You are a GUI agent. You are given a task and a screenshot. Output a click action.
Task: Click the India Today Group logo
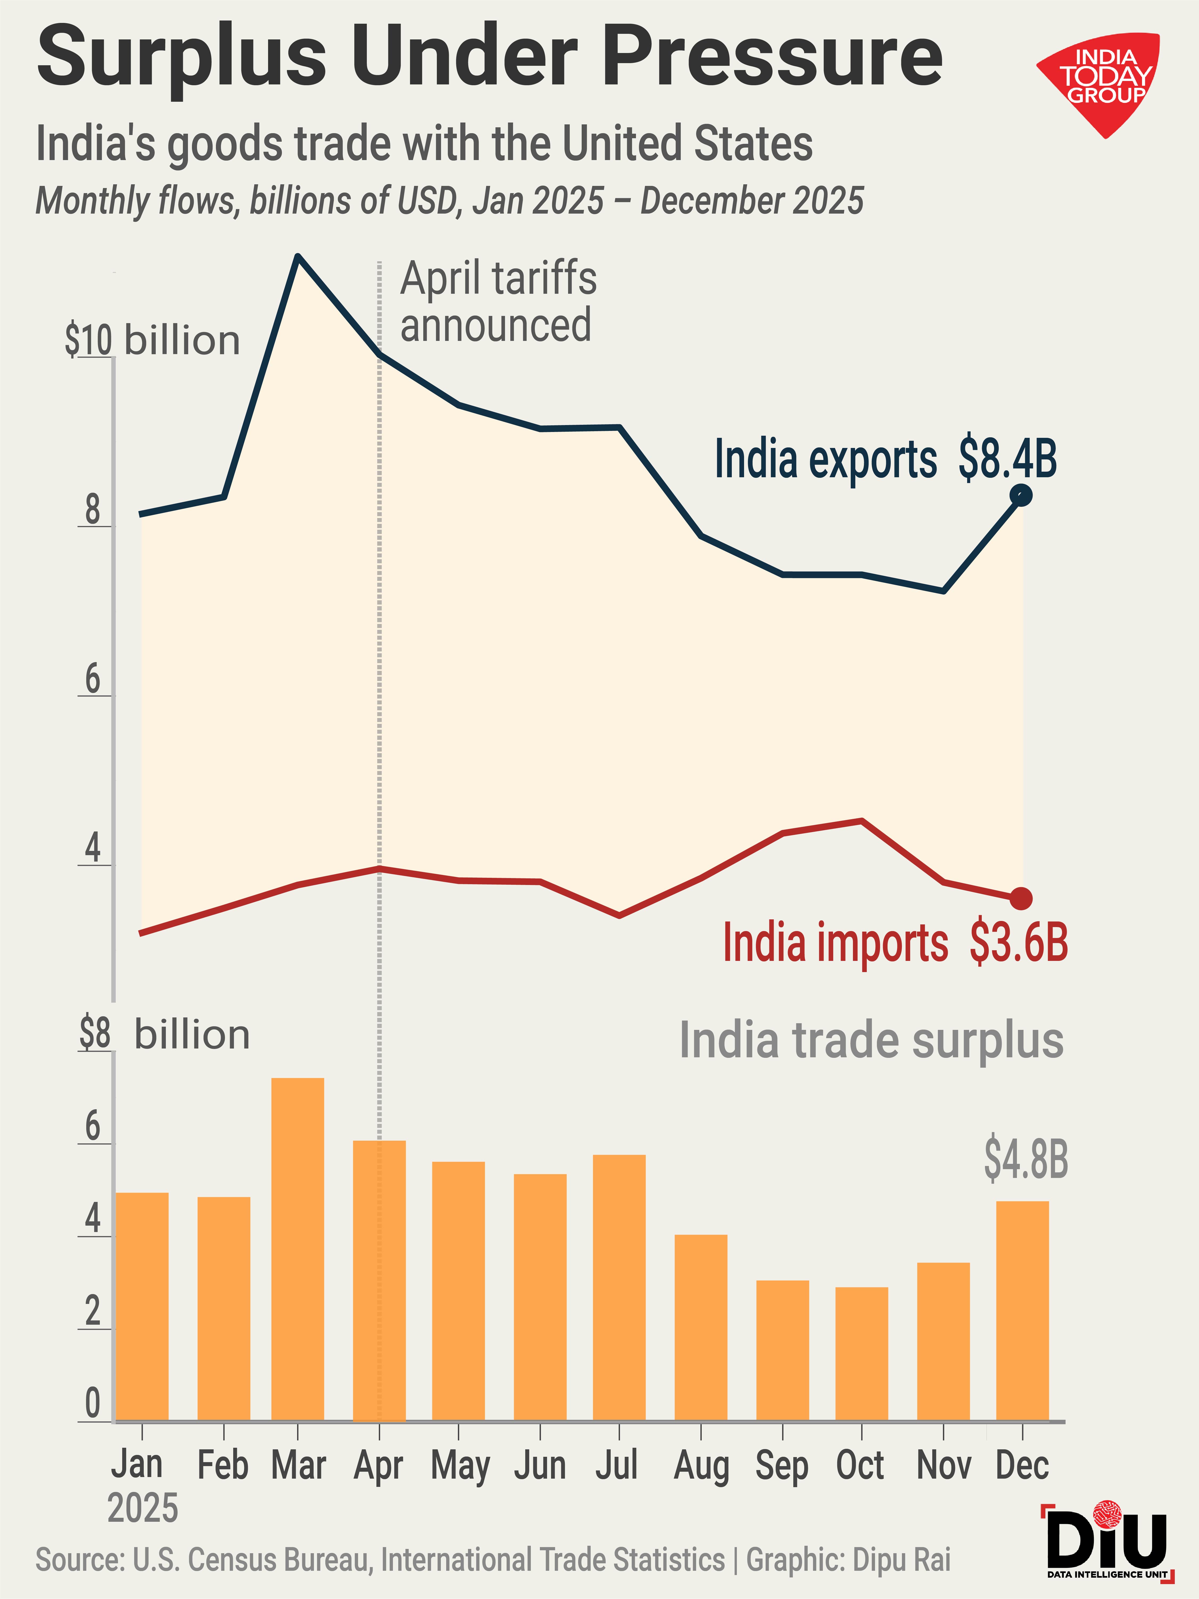1101,83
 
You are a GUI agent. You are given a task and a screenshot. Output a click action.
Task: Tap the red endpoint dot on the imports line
1020,899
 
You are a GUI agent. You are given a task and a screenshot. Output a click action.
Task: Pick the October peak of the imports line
861,821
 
